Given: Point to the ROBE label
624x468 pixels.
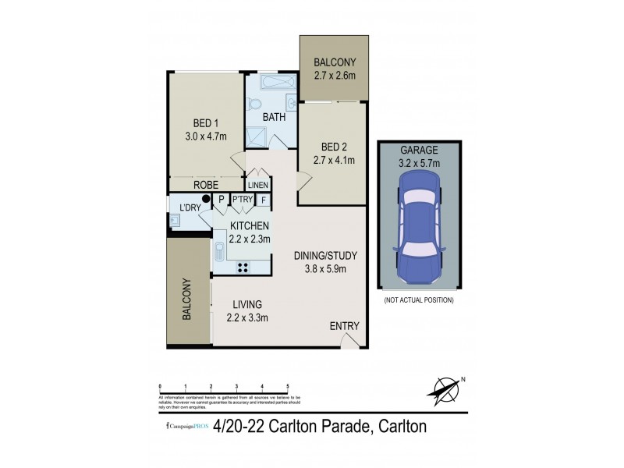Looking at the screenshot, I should pyautogui.click(x=205, y=186).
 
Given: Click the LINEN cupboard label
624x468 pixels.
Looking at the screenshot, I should pyautogui.click(x=257, y=186).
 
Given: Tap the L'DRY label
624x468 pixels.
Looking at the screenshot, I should pyautogui.click(x=190, y=207).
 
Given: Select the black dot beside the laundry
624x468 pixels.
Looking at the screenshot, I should pyautogui.click(x=206, y=200).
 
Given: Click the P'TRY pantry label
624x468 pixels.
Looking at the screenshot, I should pyautogui.click(x=242, y=200).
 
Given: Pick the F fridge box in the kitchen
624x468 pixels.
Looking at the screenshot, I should pyautogui.click(x=264, y=200).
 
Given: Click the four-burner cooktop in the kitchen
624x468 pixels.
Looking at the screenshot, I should pyautogui.click(x=243, y=267).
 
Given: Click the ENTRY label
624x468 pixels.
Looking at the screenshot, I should pyautogui.click(x=343, y=326).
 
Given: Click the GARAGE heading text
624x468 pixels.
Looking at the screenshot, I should pyautogui.click(x=420, y=150).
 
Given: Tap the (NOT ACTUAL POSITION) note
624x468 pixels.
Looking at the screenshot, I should pyautogui.click(x=420, y=300).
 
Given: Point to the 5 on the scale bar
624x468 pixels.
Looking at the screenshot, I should pyautogui.click(x=288, y=386).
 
